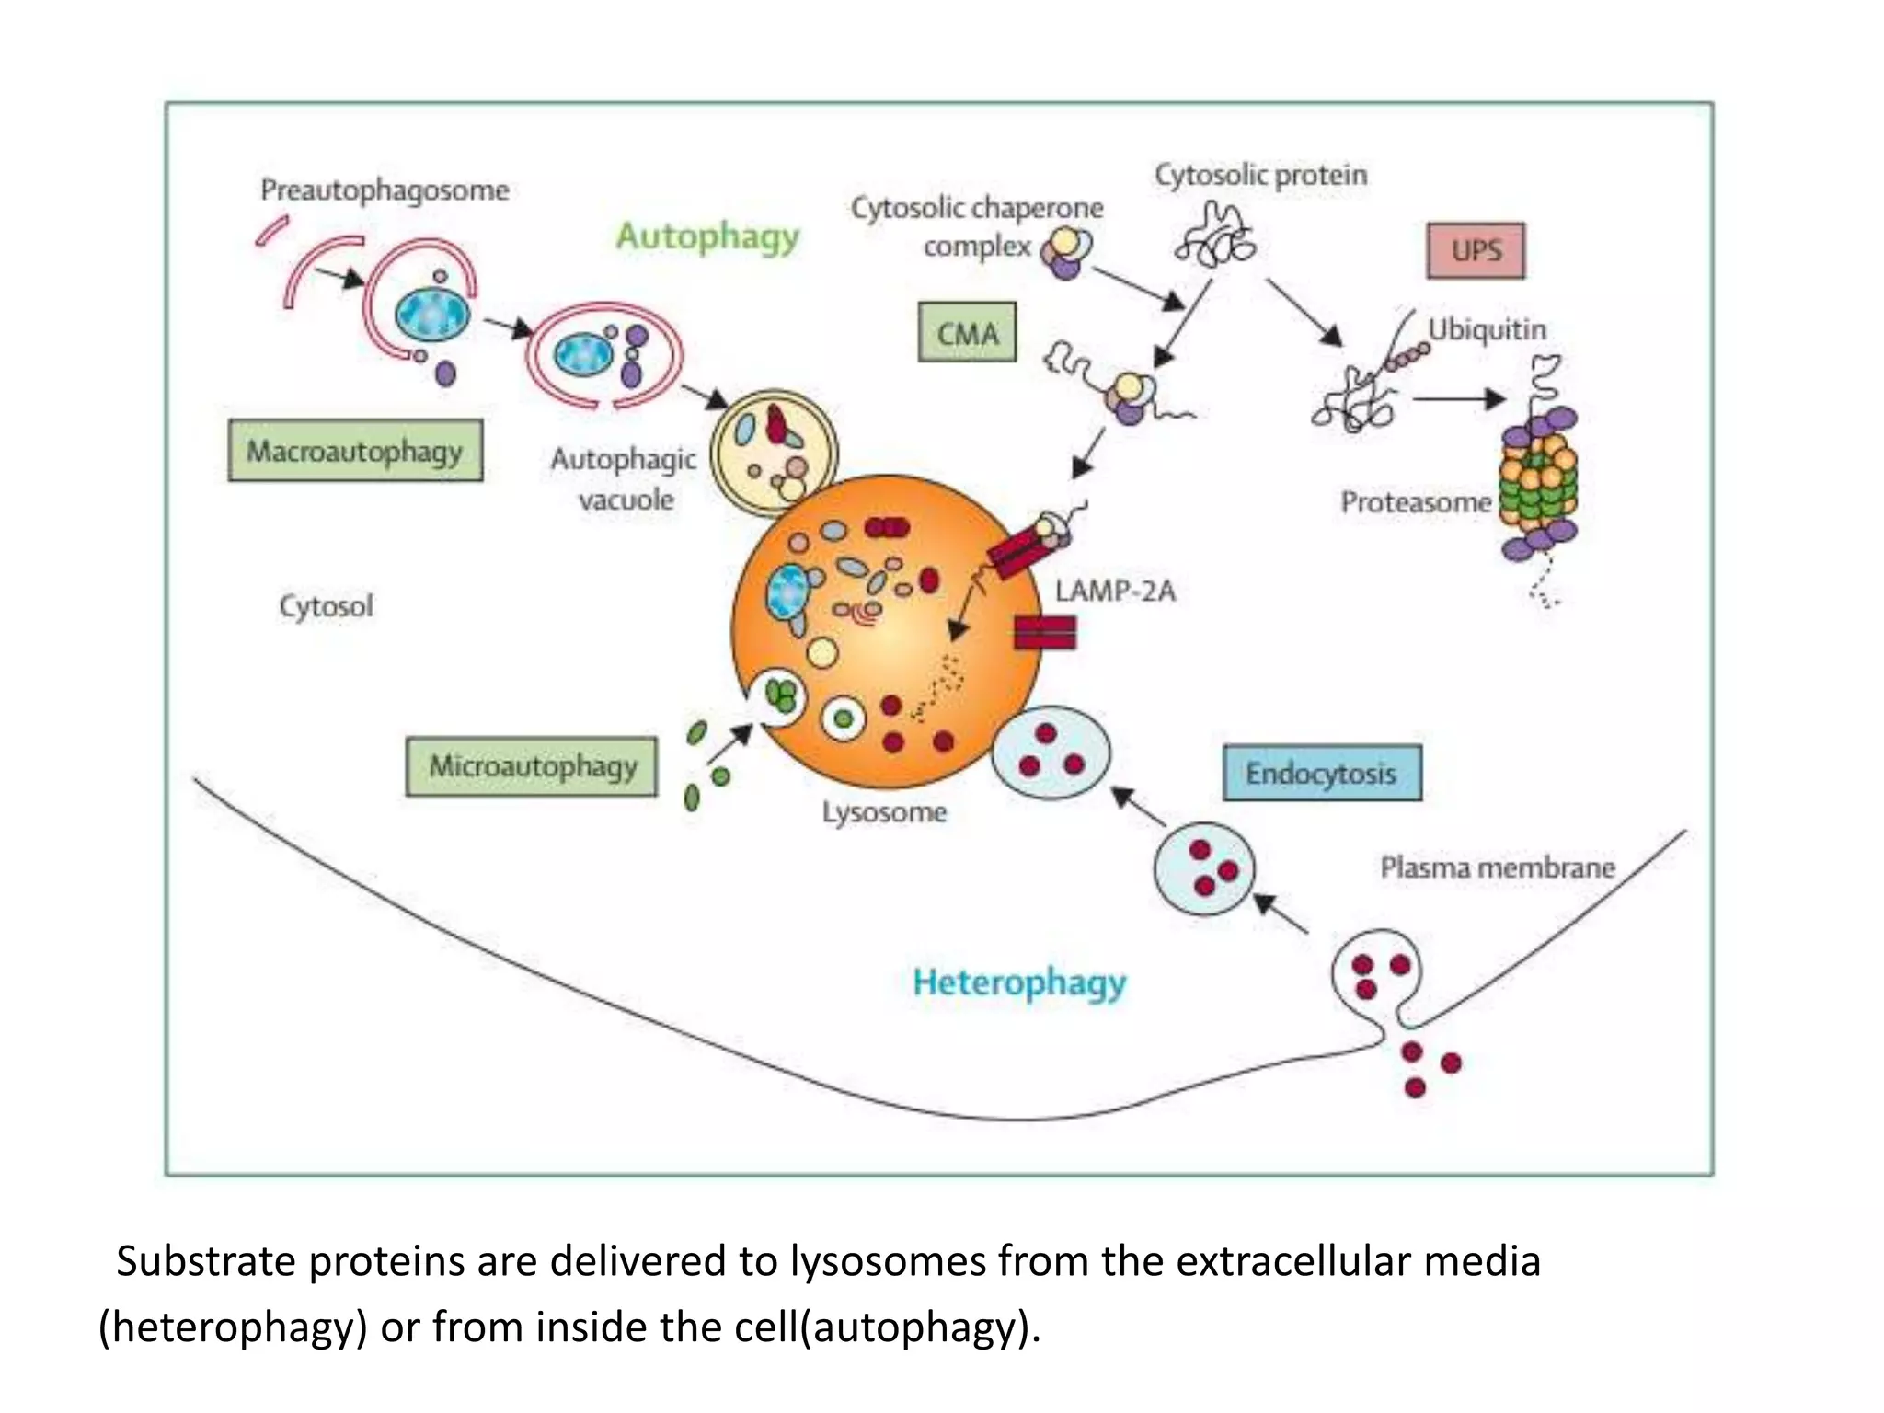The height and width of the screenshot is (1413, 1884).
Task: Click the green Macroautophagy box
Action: (x=355, y=451)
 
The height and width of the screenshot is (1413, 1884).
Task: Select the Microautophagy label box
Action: (x=532, y=766)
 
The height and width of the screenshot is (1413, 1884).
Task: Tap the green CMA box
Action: (x=967, y=332)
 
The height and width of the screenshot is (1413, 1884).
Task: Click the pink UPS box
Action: (x=1476, y=250)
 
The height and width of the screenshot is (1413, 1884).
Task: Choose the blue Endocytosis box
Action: (x=1321, y=774)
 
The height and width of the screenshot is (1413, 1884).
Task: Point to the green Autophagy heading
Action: (x=707, y=236)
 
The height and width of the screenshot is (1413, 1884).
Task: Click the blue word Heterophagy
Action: (x=1019, y=982)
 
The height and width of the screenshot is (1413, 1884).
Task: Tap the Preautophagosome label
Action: (x=385, y=190)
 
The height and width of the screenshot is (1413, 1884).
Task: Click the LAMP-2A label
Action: (x=1115, y=591)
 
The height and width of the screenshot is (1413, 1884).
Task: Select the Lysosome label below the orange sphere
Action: (x=884, y=812)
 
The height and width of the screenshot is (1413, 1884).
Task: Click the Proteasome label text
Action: (x=1415, y=502)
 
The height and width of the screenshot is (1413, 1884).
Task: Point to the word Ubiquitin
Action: (x=1487, y=329)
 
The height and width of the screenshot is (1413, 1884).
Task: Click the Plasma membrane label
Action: (x=1497, y=867)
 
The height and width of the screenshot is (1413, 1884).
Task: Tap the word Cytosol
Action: (x=326, y=606)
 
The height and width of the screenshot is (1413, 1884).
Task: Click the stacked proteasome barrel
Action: (x=1539, y=483)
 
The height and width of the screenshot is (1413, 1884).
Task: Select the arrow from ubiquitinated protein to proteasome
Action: (x=1458, y=399)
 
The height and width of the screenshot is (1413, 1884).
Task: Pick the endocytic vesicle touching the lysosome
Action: (x=1051, y=752)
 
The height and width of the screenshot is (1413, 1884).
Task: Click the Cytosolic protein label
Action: (x=1260, y=175)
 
